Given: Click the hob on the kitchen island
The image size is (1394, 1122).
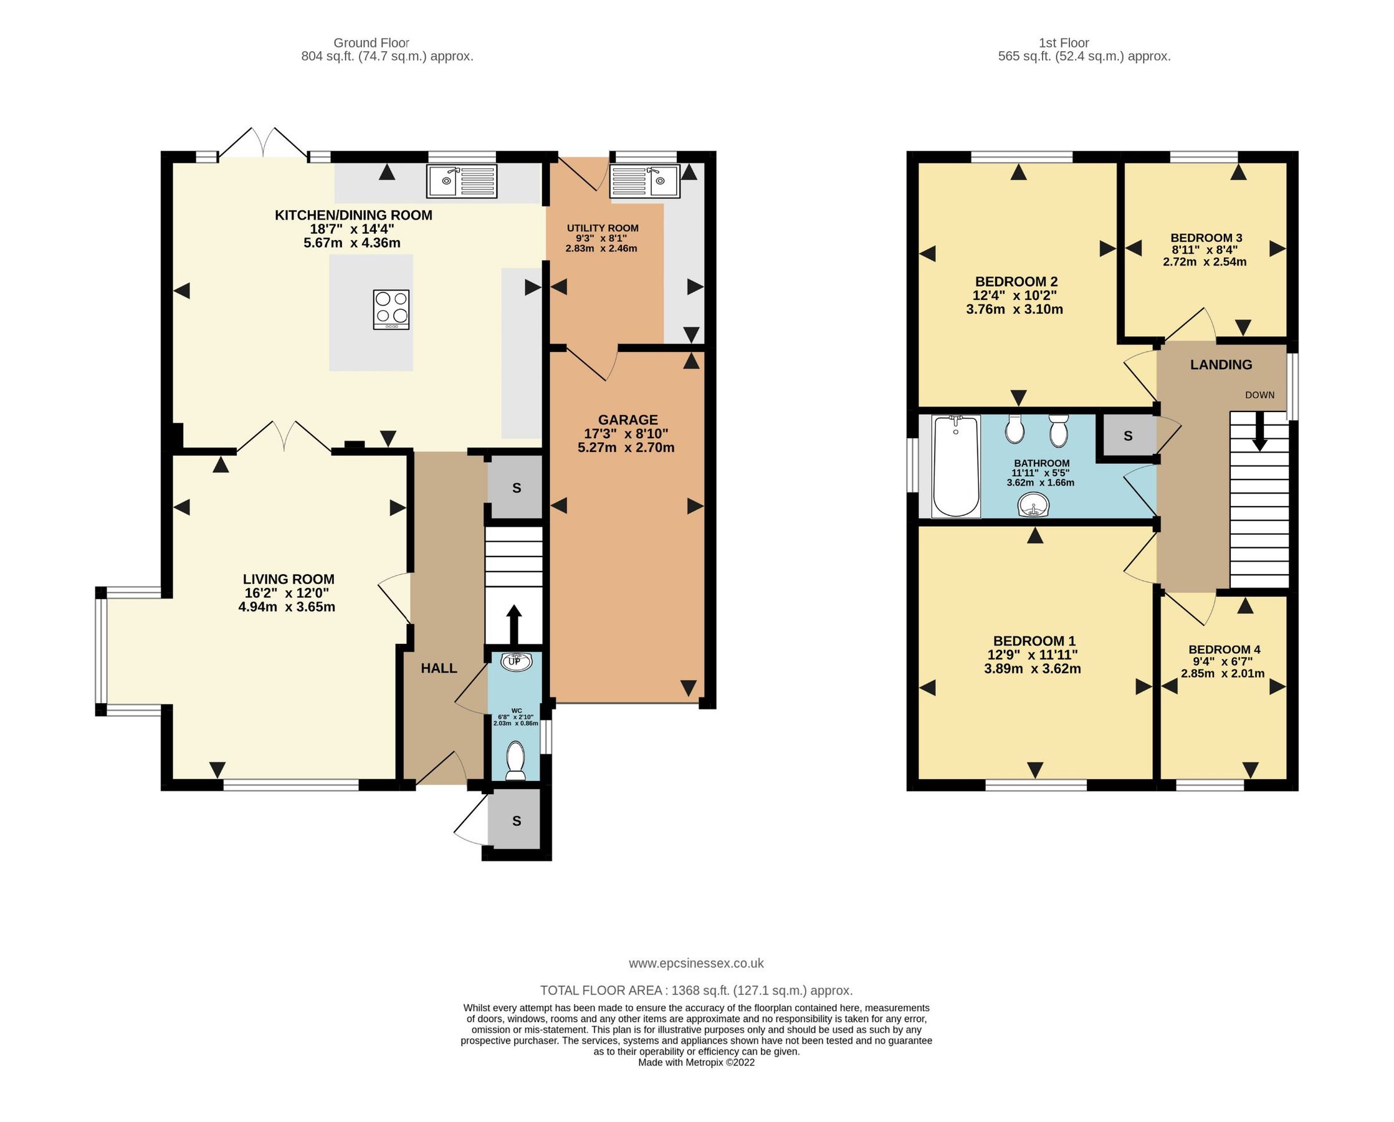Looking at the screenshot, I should click(x=391, y=310).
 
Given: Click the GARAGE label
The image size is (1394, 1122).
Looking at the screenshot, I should click(x=627, y=420).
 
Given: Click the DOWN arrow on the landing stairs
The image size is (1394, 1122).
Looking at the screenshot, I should click(x=1259, y=431).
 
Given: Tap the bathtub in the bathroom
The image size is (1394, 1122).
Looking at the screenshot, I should click(x=956, y=466).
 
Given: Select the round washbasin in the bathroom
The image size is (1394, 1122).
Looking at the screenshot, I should click(x=1033, y=505).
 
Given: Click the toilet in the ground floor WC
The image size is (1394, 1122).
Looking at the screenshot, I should click(x=515, y=760).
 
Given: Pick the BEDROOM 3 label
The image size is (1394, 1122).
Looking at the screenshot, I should click(x=1206, y=237).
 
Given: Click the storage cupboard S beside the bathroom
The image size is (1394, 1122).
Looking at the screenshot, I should click(x=1128, y=436).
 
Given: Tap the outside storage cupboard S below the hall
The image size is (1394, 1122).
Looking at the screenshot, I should click(x=516, y=821).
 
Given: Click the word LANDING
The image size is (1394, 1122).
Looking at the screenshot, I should click(x=1221, y=365).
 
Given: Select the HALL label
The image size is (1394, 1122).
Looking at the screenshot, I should click(x=439, y=668).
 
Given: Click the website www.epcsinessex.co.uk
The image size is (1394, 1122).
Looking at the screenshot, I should click(x=695, y=963).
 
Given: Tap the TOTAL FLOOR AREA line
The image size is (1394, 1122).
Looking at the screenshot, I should click(x=695, y=990).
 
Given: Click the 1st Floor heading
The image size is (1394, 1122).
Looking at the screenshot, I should click(x=1064, y=42).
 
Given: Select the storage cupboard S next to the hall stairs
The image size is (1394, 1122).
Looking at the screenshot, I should click(x=516, y=488).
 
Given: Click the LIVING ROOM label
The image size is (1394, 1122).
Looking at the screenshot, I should click(x=289, y=580).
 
